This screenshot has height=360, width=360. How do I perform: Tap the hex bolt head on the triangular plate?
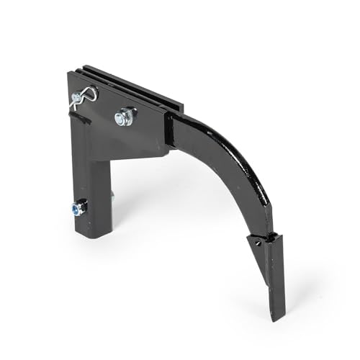pyautogui.click(x=125, y=115)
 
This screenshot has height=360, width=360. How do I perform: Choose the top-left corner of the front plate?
pyautogui.click(x=70, y=72)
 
